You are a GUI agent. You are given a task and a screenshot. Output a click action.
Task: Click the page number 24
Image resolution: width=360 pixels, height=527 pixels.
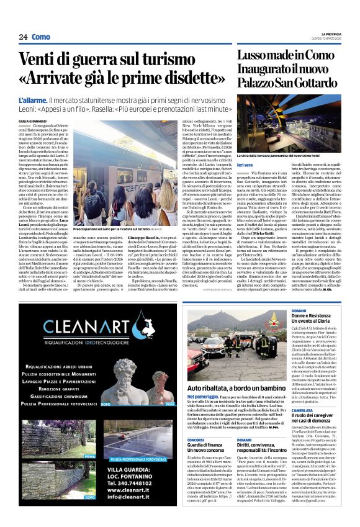click(23, 37)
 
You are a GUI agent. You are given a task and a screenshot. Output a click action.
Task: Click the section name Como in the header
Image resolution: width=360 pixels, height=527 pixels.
click(42, 37)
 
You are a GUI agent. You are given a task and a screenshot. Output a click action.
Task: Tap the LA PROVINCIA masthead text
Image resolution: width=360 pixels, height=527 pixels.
click(328, 32)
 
